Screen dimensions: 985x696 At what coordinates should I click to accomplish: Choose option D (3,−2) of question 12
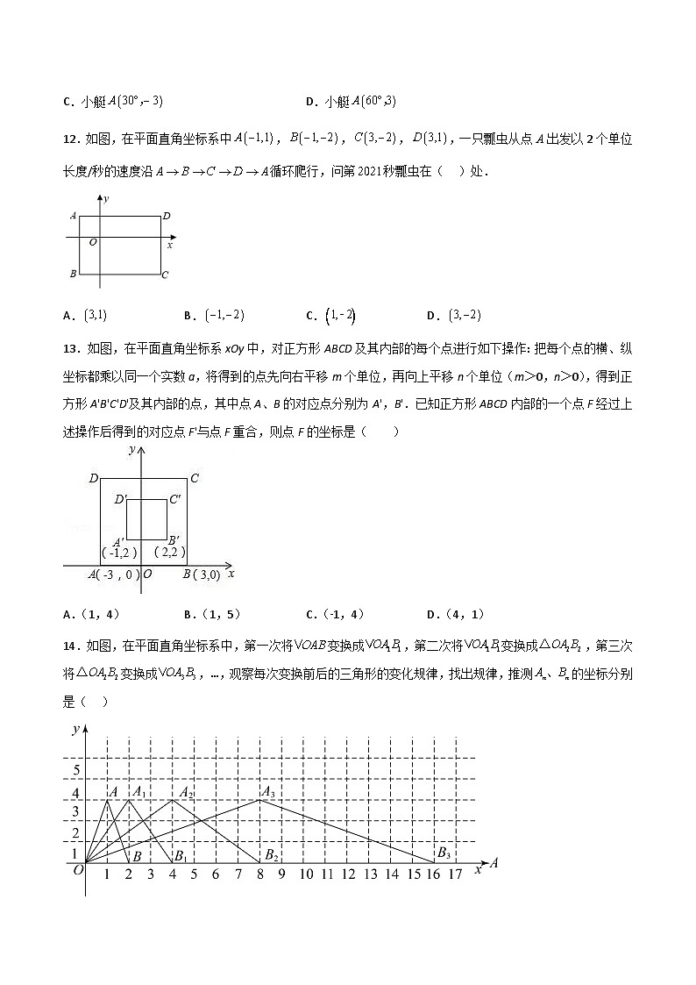point(454,316)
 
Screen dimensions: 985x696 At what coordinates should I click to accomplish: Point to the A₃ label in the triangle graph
point(268,794)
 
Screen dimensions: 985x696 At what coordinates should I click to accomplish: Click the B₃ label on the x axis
point(444,854)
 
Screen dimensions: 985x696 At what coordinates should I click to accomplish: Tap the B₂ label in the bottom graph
point(271,855)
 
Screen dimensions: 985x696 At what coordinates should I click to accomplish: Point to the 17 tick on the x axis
point(454,874)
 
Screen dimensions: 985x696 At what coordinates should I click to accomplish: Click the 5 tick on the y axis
point(75,770)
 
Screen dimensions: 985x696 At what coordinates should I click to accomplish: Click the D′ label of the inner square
point(121,499)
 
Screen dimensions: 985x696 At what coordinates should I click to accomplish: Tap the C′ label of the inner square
point(175,499)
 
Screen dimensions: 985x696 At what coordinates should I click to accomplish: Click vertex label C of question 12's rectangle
point(164,275)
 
